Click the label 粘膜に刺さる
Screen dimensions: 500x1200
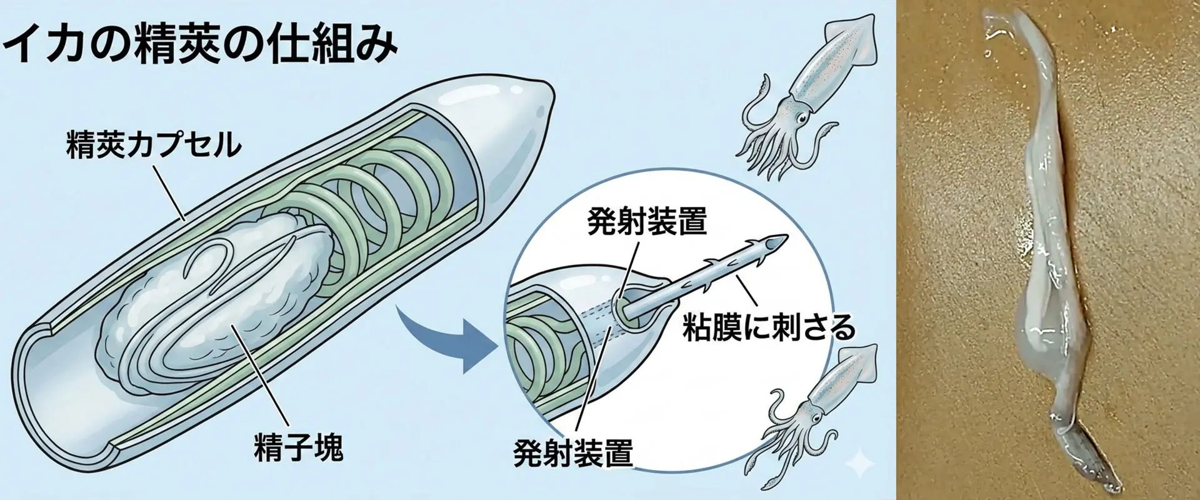(x=768, y=327)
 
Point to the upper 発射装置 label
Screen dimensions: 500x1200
(x=646, y=221)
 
